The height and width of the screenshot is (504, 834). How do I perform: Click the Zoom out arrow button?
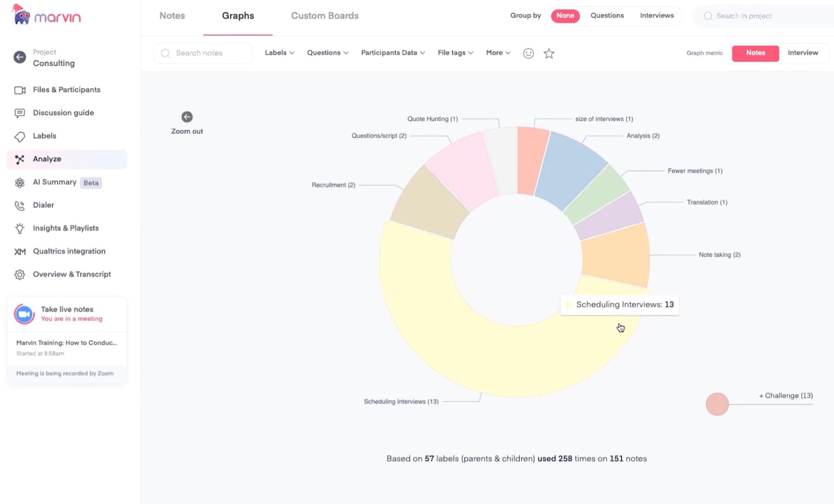tap(187, 117)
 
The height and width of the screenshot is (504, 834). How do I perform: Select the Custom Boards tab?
tap(324, 16)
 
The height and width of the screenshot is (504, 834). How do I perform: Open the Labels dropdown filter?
tap(279, 53)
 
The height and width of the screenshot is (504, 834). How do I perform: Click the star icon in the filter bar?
tap(549, 53)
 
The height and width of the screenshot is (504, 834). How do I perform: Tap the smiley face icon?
tap(529, 53)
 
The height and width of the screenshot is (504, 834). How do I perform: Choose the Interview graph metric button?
tap(802, 53)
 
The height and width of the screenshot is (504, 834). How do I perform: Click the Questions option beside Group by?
tap(607, 16)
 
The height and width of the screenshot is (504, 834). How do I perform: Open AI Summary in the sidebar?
tap(54, 182)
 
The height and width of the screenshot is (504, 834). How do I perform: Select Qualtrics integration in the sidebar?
tap(69, 251)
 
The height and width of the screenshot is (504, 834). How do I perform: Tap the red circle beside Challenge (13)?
tap(717, 404)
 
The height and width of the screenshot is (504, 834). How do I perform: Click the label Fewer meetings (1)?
tap(695, 171)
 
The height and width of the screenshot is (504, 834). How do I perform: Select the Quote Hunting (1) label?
tap(432, 119)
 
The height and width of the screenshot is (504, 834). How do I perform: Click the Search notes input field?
tap(208, 53)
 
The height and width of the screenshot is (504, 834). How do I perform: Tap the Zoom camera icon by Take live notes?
tap(24, 314)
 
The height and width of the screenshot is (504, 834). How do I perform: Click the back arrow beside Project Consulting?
tap(20, 57)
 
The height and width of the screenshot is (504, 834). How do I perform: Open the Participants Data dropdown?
tap(393, 53)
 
